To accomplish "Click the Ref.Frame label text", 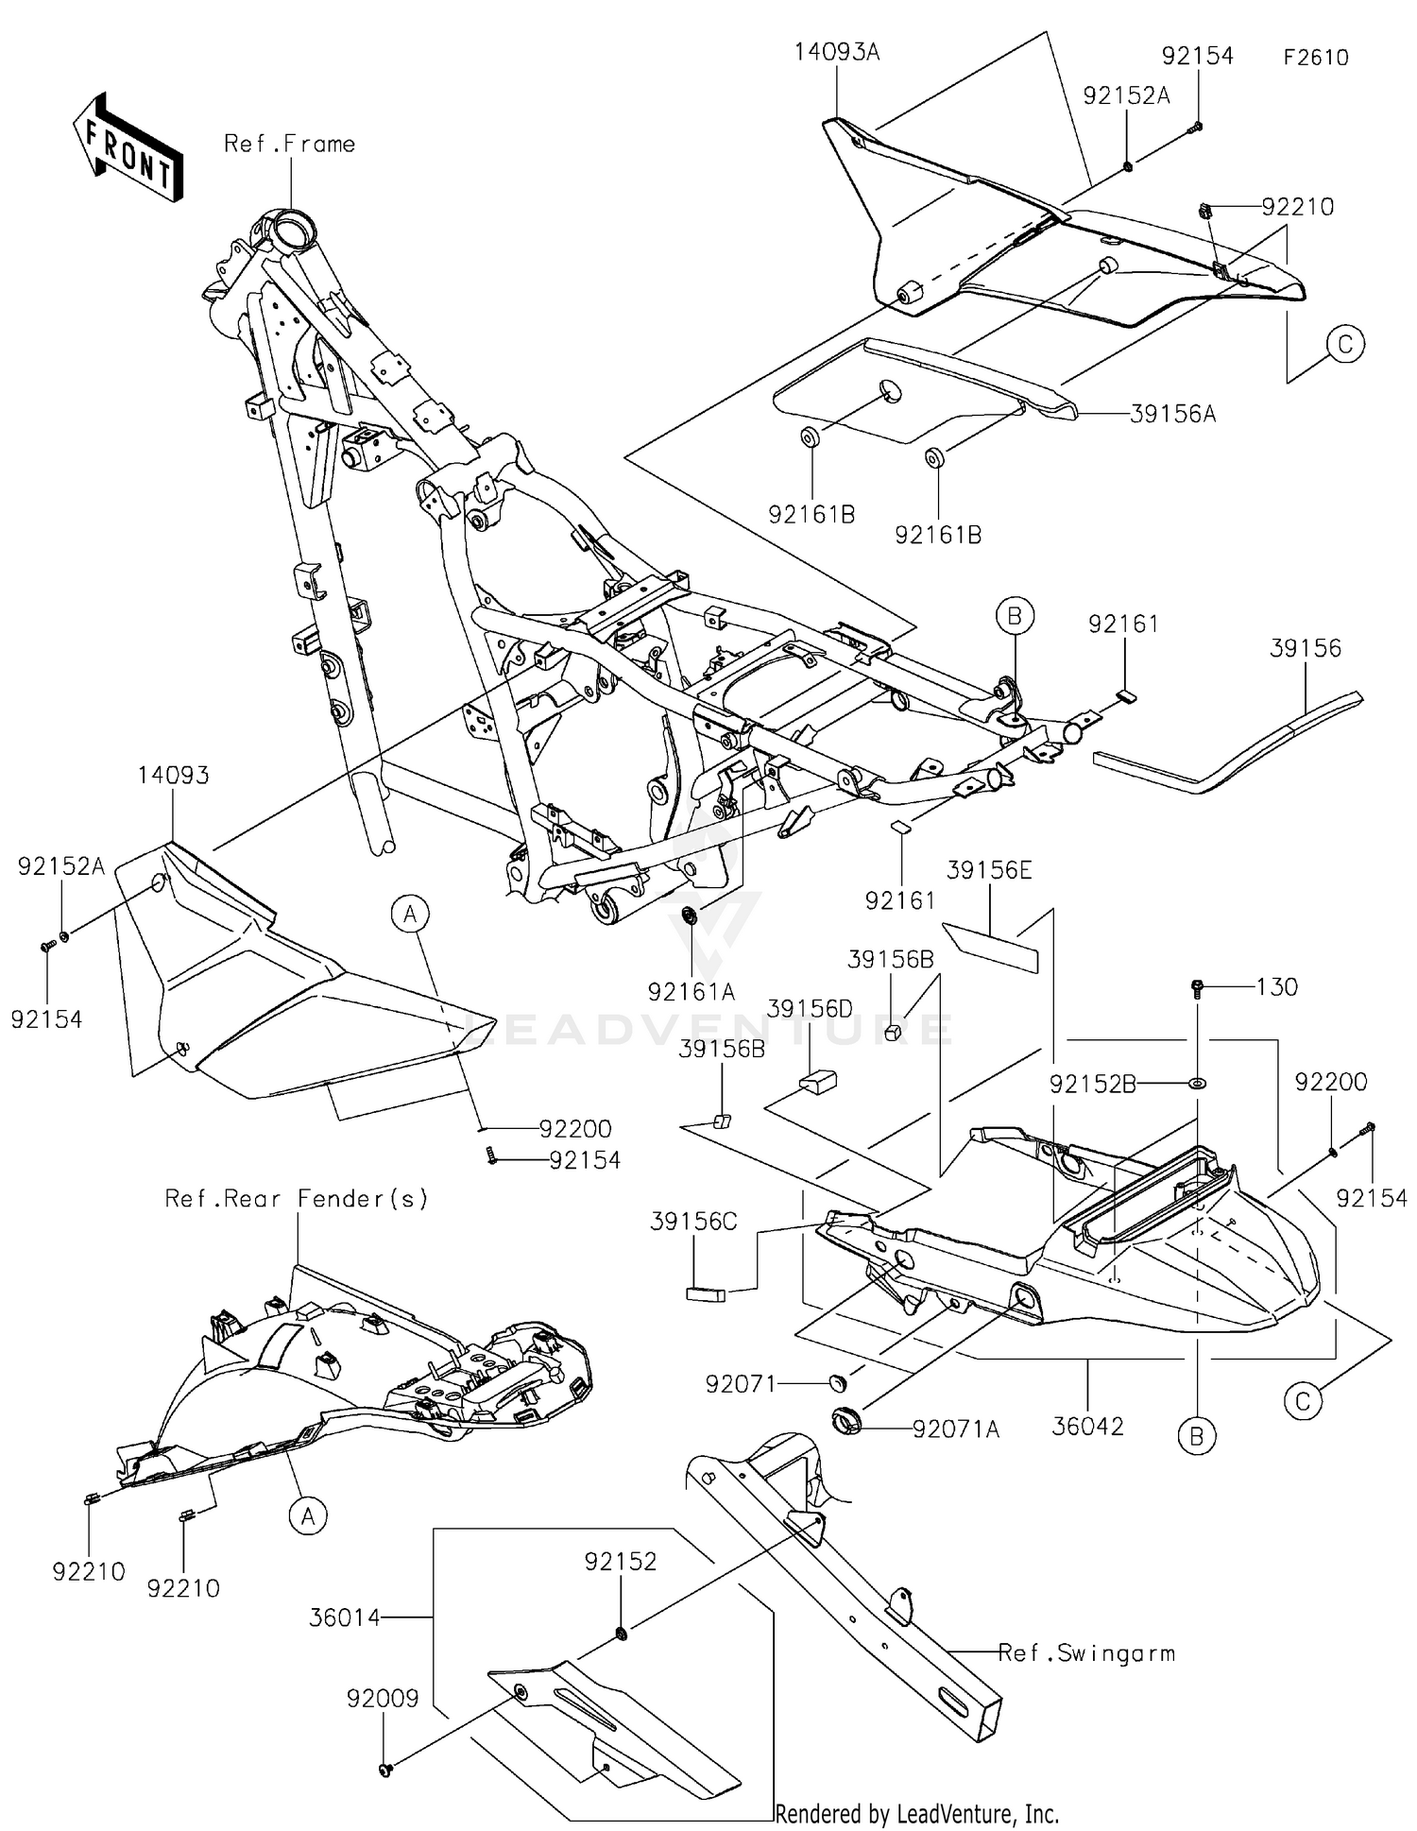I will tap(289, 145).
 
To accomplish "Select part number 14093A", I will tap(836, 52).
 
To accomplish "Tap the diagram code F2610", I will tap(1315, 58).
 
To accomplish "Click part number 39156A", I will tap(1172, 414).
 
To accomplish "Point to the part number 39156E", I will tap(989, 870).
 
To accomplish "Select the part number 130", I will tap(1276, 987).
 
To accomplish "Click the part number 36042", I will tap(1087, 1426).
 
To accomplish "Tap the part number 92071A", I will tap(955, 1429).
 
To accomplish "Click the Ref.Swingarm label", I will tap(1086, 1653).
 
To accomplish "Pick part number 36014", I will tap(344, 1618).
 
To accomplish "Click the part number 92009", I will tap(382, 1699).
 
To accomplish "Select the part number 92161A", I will tap(691, 991).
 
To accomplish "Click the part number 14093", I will tap(173, 776).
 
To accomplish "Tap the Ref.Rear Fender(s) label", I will tap(296, 1199).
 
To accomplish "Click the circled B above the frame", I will tap(1014, 617).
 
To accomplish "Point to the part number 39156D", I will tap(810, 1009).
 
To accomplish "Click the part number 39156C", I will tap(693, 1222).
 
